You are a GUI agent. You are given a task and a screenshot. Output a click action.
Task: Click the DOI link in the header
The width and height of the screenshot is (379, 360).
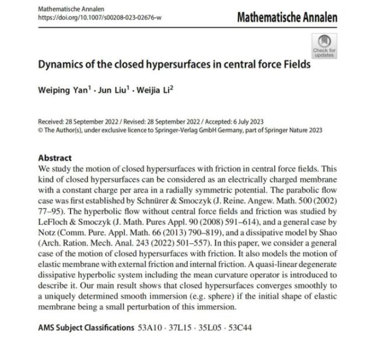(x=100, y=18)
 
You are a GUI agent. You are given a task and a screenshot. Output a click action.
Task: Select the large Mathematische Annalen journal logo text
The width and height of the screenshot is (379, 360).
(x=287, y=18)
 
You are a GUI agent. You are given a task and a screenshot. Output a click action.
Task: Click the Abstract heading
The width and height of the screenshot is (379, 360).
(x=55, y=158)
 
